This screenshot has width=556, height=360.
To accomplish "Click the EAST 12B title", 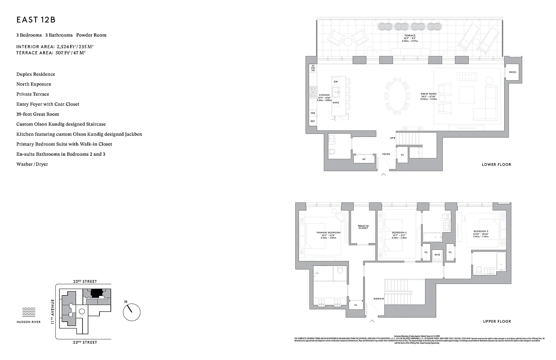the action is click(36, 20).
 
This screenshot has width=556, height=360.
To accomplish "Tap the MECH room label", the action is click(512, 72).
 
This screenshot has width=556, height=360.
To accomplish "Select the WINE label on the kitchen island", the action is click(336, 102).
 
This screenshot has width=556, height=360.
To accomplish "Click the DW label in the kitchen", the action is click(336, 81).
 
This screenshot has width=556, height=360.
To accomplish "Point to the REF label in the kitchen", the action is click(312, 121).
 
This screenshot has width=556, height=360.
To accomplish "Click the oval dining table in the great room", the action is click(395, 96).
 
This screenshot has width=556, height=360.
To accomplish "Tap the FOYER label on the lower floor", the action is click(386, 154).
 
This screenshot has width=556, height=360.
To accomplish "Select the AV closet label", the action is click(364, 159).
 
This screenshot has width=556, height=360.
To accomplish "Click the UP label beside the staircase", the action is click(392, 138).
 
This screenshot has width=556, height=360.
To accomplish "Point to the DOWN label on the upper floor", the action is click(378, 299).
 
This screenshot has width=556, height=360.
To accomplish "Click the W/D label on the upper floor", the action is click(437, 255).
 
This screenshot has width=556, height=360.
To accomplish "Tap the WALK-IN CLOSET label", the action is click(363, 227).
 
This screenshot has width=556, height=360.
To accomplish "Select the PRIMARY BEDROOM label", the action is click(328, 233).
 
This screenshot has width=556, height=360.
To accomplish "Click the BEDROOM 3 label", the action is click(481, 231).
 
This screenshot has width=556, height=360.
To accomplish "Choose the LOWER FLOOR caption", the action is click(496, 164).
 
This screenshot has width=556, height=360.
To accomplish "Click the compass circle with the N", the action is click(131, 312).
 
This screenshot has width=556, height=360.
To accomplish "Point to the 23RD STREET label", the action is click(85, 281).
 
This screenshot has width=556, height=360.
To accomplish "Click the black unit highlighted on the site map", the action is click(96, 293).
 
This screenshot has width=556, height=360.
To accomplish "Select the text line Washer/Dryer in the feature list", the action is click(32, 164).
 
